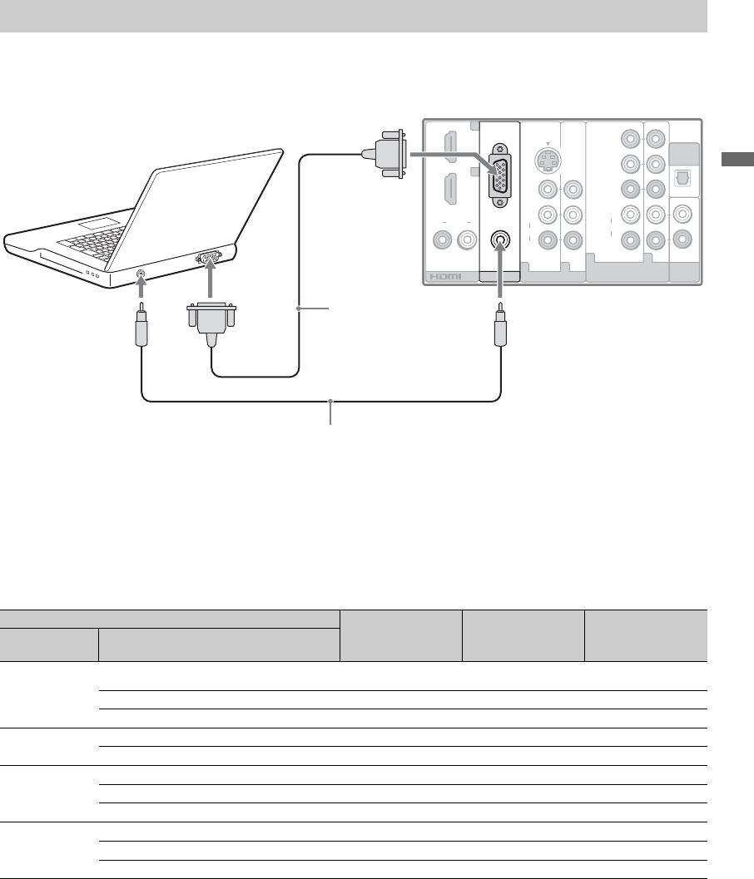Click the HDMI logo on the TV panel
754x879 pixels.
[x=445, y=276]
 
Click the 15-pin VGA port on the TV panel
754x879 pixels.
[x=500, y=176]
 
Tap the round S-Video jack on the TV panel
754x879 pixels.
[x=548, y=160]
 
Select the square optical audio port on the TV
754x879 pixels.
[x=682, y=179]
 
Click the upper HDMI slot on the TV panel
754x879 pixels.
[x=450, y=146]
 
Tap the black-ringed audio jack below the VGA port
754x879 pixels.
[x=500, y=240]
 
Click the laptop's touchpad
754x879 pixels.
[x=99, y=224]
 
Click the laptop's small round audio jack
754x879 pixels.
[x=141, y=275]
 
